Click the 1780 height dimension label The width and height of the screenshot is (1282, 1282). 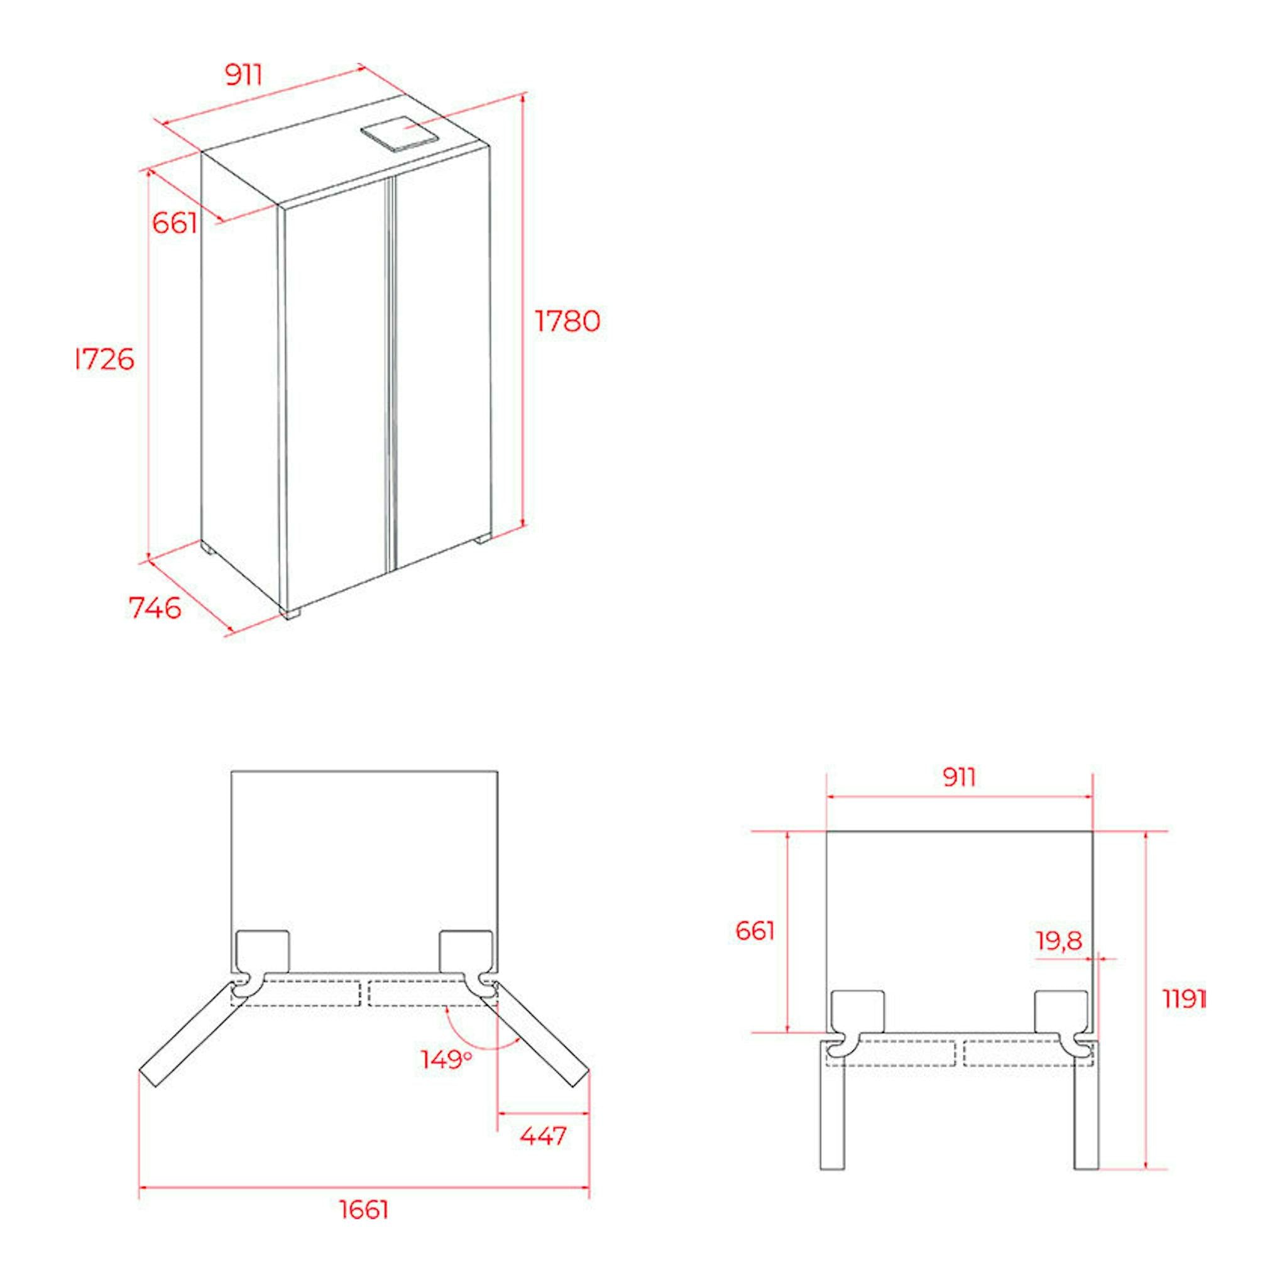click(x=567, y=321)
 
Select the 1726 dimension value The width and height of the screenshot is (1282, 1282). click(x=105, y=359)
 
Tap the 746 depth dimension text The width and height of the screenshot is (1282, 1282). click(x=155, y=608)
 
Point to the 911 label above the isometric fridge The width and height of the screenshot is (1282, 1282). click(x=244, y=75)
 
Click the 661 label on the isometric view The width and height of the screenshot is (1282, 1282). click(x=175, y=223)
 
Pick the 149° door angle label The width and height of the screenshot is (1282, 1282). click(x=447, y=1059)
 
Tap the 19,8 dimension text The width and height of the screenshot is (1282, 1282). click(x=1059, y=940)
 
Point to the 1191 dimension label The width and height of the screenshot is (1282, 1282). click(x=1185, y=1017)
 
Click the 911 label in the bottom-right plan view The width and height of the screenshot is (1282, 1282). click(x=959, y=777)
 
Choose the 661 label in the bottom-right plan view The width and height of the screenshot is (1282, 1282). click(x=755, y=931)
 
